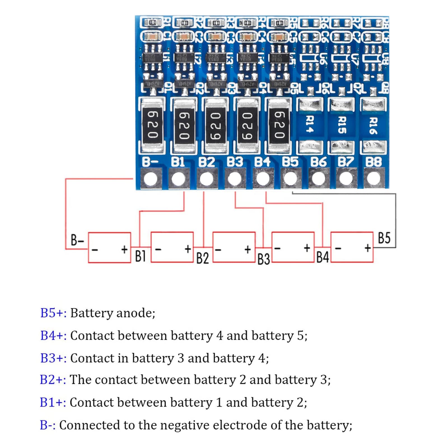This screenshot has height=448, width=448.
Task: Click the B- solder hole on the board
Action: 151,179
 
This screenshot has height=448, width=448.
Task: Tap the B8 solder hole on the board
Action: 374,179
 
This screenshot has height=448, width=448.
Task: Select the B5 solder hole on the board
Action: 290,179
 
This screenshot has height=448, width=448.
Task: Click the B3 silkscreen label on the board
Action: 235,162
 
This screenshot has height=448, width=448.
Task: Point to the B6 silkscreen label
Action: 318,162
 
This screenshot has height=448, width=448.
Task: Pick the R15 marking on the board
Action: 342,125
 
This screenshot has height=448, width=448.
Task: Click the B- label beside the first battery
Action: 77,240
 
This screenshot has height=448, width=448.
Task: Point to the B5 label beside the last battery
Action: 384,238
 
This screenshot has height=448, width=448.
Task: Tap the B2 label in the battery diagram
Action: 202,258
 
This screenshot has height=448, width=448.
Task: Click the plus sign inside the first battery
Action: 124,249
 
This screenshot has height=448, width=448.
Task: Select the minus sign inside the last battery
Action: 338,248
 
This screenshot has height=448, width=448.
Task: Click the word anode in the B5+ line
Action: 135,313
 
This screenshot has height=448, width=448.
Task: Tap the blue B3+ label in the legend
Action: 53,358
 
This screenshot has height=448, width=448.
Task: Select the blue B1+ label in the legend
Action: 53,402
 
